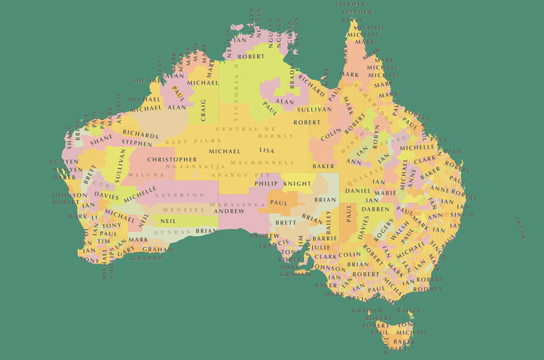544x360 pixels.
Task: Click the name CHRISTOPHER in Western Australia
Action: click(172, 159)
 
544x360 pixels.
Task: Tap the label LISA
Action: click(266, 151)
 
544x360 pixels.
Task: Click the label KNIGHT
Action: click(297, 184)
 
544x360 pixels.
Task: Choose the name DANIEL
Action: click(358, 191)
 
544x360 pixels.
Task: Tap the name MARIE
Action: click(385, 193)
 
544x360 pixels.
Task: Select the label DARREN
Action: click(375, 209)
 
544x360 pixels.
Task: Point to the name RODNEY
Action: click(427, 289)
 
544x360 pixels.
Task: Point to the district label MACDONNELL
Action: click(263, 162)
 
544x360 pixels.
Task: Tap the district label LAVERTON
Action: click(172, 195)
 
